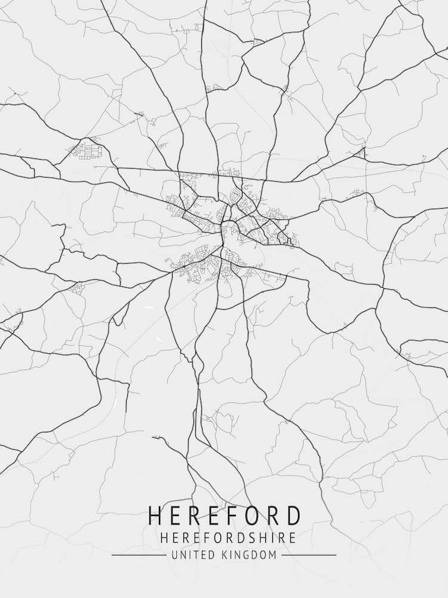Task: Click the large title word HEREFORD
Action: pyautogui.click(x=224, y=516)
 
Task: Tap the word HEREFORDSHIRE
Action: pyautogui.click(x=228, y=538)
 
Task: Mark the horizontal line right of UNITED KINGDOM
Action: pyautogui.click(x=309, y=556)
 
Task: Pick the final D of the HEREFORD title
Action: pyautogui.click(x=293, y=516)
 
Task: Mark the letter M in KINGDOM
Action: pyautogui.click(x=272, y=556)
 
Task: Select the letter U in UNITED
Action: pyautogui.click(x=174, y=556)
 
